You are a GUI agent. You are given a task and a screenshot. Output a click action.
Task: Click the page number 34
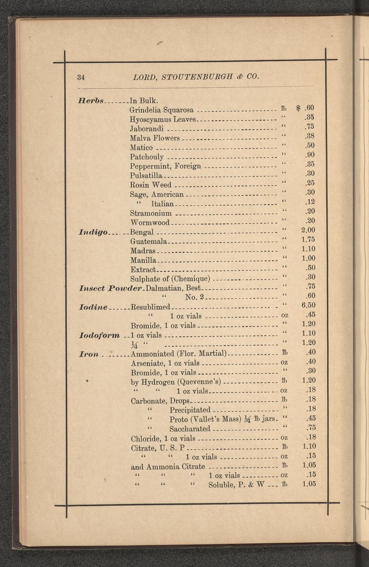pos(81,77)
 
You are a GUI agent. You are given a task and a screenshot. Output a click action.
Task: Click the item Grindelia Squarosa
pos(161,110)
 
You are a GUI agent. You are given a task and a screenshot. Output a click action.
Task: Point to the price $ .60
pos(305,108)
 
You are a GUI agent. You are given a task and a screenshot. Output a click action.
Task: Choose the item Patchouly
pos(147,157)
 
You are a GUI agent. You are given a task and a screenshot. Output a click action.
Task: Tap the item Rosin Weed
pos(150,185)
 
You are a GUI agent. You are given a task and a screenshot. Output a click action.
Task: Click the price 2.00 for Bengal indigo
pos(308,230)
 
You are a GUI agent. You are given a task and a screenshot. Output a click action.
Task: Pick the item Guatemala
pos(148,241)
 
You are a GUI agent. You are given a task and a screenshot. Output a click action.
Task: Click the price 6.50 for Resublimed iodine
pos(308,305)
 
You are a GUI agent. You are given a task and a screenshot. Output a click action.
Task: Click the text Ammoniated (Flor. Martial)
pos(179,353)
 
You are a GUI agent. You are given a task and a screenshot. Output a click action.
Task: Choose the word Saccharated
pos(190,429)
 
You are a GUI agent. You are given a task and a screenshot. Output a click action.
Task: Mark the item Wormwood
pos(149,223)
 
